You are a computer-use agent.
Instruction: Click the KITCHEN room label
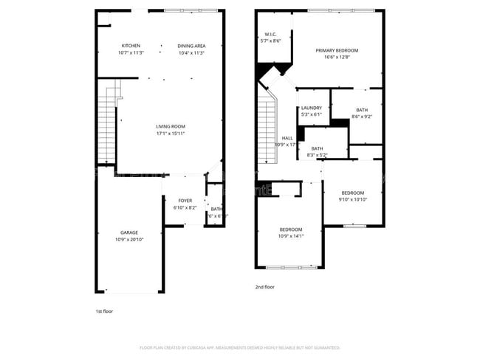(x=131, y=46)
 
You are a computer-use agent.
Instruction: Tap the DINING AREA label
(x=191, y=46)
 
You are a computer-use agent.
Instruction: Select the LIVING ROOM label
(x=169, y=126)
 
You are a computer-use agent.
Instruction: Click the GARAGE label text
(x=129, y=232)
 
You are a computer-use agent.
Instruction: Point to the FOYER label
(x=185, y=201)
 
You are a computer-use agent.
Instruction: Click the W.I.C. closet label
(x=271, y=35)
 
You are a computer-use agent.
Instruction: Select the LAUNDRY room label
(x=311, y=108)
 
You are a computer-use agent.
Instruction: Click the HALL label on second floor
(x=287, y=138)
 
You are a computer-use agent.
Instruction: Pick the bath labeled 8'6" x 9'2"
(x=361, y=110)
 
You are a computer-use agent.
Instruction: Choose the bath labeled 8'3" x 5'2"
(x=317, y=149)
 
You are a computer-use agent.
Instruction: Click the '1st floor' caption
(x=105, y=311)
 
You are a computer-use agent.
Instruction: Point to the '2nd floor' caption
(x=265, y=287)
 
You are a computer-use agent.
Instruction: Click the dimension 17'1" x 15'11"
(x=169, y=134)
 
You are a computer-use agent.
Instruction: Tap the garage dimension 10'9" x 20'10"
(x=129, y=240)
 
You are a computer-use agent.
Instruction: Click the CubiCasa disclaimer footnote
(x=239, y=347)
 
